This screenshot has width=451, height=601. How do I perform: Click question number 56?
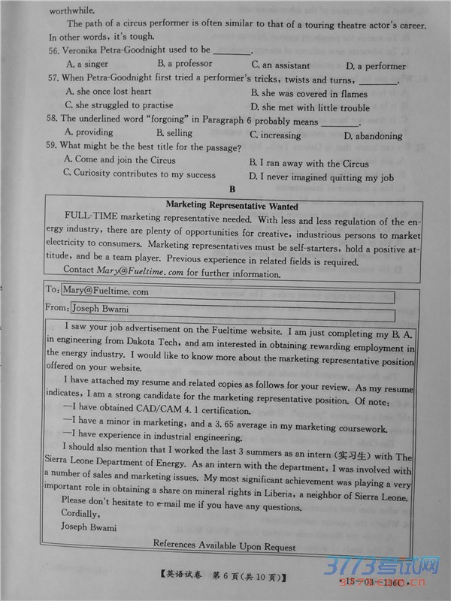tap(53, 51)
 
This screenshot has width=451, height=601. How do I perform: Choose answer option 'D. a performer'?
tap(376, 66)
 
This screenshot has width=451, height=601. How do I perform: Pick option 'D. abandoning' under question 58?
tap(373, 136)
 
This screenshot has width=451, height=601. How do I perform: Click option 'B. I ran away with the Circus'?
tap(309, 163)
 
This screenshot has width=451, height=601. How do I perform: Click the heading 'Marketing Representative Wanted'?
tap(232, 206)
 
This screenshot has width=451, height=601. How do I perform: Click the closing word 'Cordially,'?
tap(80, 514)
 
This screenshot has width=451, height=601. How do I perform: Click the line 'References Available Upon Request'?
tap(224, 546)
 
